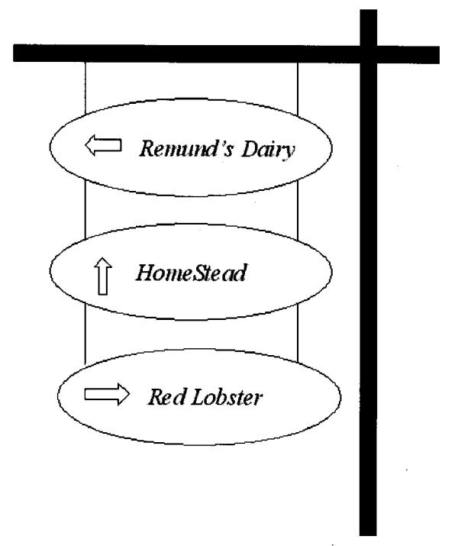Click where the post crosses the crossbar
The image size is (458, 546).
coord(368,53)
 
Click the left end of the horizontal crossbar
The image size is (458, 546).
coord(19,53)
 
